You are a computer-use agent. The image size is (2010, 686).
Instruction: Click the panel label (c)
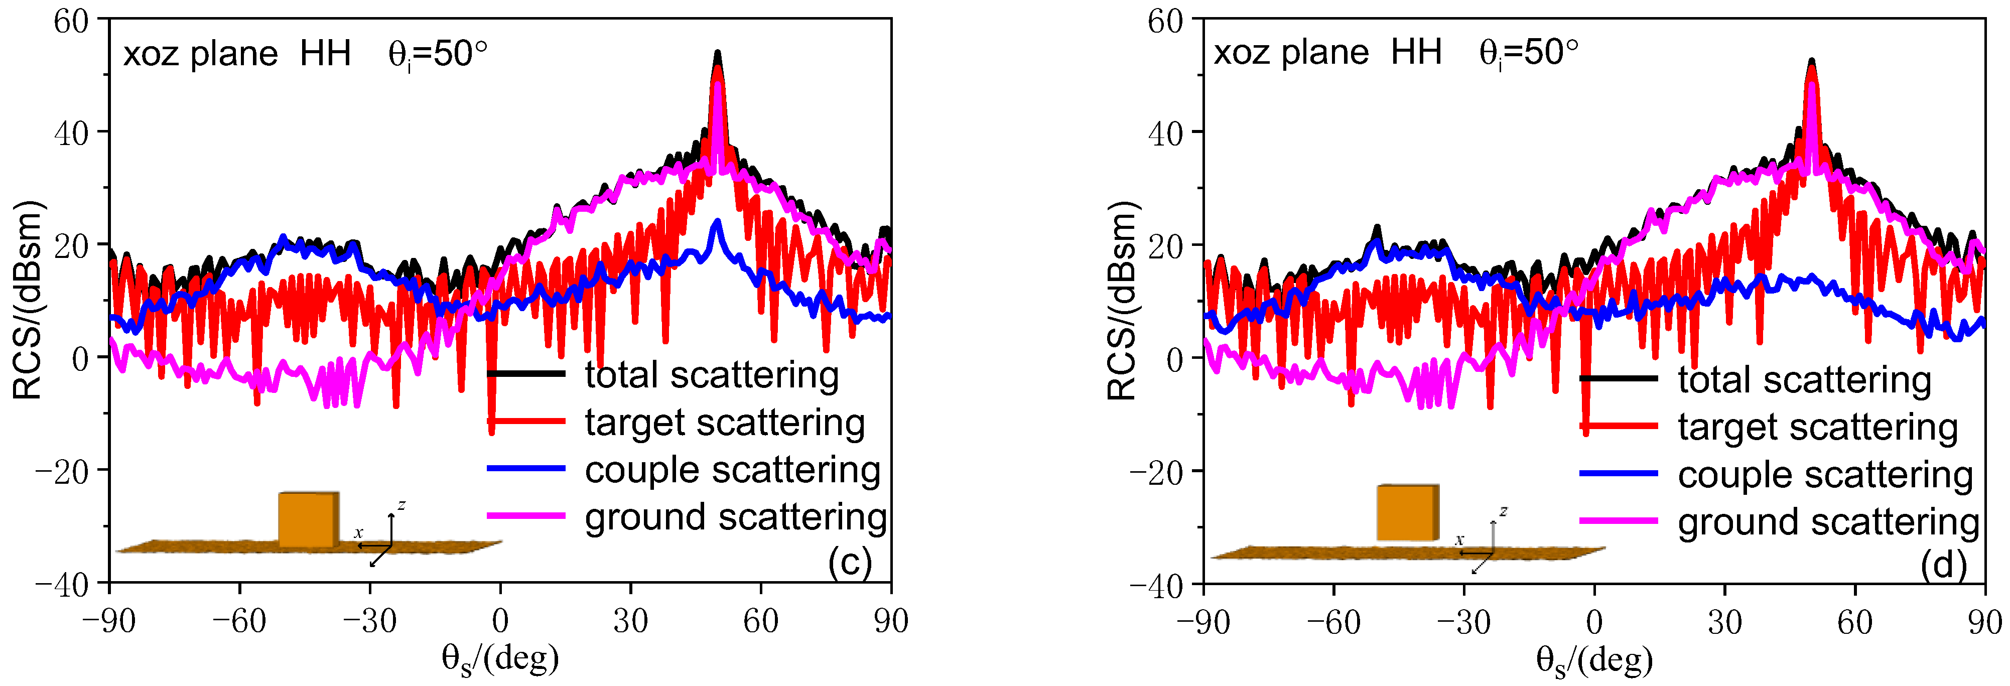(849, 562)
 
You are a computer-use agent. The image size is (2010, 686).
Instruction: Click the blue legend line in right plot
(1619, 473)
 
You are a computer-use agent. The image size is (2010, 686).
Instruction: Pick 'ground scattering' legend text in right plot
(1829, 522)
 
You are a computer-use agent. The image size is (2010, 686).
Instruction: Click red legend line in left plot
(526, 422)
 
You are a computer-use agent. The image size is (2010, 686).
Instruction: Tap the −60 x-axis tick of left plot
(239, 622)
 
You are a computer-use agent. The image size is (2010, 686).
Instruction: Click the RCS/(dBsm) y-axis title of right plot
(1123, 301)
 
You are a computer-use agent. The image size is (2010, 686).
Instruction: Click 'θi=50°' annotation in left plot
(437, 55)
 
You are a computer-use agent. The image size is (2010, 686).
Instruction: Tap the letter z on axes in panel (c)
(401, 504)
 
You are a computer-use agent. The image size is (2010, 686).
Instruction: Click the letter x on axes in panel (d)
(1459, 539)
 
